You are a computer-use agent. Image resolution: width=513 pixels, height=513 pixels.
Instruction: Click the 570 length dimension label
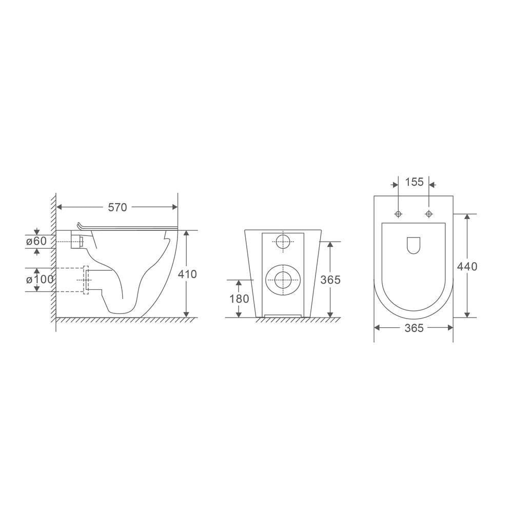tap(117, 207)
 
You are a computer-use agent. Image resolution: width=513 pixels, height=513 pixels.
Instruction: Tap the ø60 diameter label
tap(37, 241)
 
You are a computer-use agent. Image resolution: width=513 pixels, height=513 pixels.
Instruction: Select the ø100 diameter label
tap(40, 280)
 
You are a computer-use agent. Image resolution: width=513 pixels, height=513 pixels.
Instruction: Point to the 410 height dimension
tap(187, 274)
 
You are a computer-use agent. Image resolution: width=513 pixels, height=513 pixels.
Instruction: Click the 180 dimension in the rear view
tap(239, 299)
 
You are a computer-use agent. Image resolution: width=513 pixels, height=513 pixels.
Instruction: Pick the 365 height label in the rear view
tap(330, 280)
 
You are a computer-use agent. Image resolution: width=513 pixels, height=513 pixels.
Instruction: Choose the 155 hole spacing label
tap(414, 182)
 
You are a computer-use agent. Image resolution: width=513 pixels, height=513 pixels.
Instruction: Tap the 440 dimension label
tap(467, 266)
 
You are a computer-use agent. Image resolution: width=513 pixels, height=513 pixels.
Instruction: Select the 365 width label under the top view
tap(413, 328)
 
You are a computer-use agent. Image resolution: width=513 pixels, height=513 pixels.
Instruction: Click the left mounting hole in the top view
tap(398, 213)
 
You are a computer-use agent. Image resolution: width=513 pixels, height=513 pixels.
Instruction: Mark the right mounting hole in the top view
tap(429, 213)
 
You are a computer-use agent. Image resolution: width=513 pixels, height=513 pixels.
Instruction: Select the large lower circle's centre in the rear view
tap(283, 280)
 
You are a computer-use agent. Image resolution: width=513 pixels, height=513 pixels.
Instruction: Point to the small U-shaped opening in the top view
tap(413, 246)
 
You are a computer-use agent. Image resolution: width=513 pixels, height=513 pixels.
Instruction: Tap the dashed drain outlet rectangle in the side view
tap(86, 280)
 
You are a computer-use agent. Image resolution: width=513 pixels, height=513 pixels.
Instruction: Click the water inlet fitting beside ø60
tap(77, 241)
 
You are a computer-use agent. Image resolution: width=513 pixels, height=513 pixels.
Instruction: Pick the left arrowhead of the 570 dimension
tap(58, 207)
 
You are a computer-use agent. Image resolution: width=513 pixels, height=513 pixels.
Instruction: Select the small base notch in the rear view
tap(282, 314)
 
